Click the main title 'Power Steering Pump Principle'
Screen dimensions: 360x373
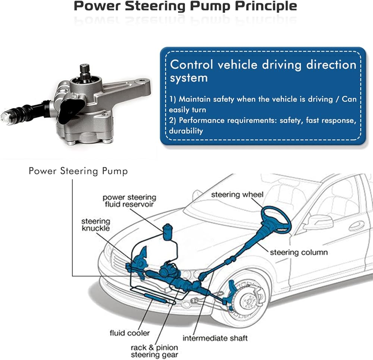(x=185, y=6)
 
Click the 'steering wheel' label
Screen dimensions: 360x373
(x=237, y=195)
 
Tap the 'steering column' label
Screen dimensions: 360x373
(x=298, y=252)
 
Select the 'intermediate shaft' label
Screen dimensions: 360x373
(x=215, y=338)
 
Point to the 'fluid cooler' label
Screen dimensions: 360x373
(x=129, y=333)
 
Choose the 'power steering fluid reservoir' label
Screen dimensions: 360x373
(x=129, y=200)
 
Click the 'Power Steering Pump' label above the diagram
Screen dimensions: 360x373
(x=78, y=171)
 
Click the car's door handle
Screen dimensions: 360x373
(x=356, y=226)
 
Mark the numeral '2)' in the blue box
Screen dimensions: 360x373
(x=173, y=121)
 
